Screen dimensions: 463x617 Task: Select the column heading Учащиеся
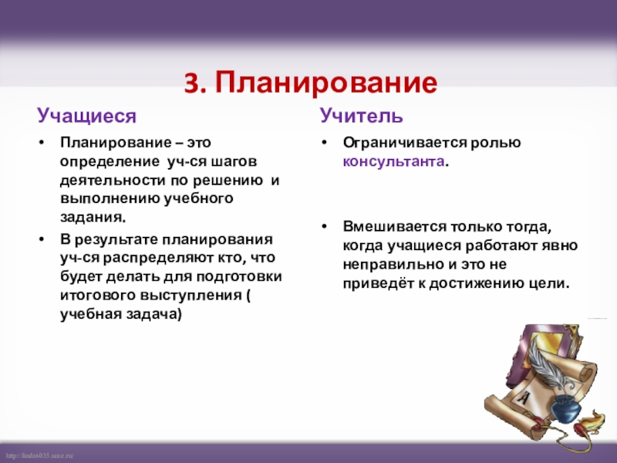[x=87, y=117]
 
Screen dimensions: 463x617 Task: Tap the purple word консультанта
[x=394, y=164]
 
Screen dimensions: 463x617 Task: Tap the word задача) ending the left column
[x=151, y=313]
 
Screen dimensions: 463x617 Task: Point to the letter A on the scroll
[x=528, y=397]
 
